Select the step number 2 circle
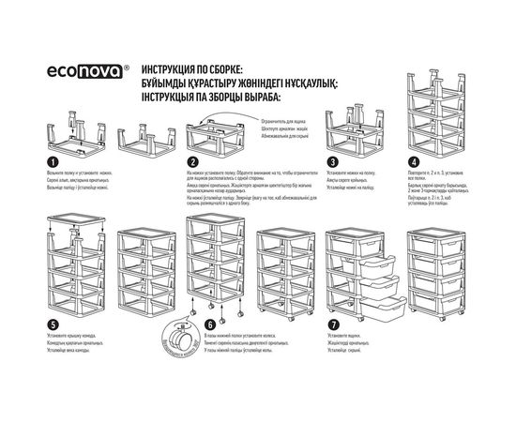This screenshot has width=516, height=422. [x=192, y=162]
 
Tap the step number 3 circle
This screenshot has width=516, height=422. [x=332, y=162]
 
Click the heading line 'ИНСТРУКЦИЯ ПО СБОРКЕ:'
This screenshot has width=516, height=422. [x=192, y=70]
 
